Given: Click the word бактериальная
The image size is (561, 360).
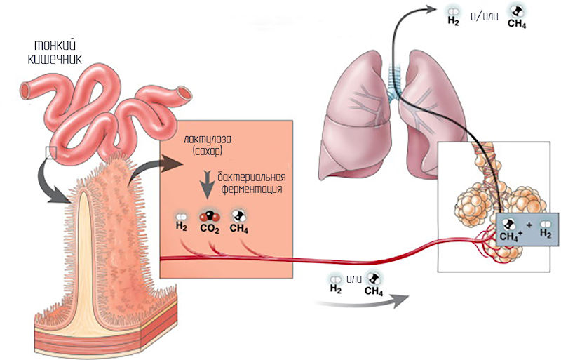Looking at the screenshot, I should [x=252, y=176].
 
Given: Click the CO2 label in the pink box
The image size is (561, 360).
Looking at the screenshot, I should [x=209, y=228].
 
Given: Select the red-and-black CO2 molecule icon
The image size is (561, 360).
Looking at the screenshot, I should [x=209, y=215].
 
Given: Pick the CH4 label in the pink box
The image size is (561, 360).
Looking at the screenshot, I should [x=238, y=228].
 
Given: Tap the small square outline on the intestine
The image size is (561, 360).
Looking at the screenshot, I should [x=50, y=152].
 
